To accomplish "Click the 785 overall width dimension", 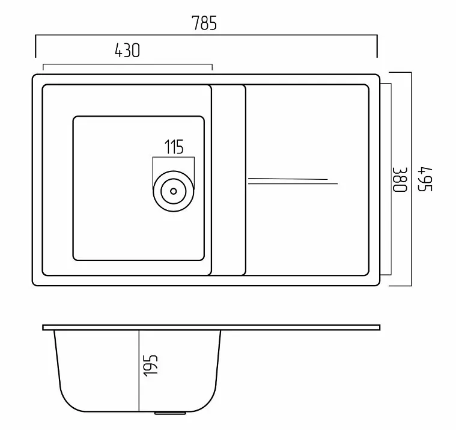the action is point(204,23).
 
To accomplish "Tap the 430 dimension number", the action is point(127,51).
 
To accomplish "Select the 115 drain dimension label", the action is point(174,147).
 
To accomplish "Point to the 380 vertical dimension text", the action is point(400,179).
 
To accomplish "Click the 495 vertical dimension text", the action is point(425,179).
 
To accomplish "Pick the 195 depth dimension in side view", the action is point(151,366).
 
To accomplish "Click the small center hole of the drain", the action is point(174,191).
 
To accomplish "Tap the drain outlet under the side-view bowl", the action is point(170,413).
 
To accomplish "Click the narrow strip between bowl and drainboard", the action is point(228,180).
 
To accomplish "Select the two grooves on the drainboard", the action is point(293,181).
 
